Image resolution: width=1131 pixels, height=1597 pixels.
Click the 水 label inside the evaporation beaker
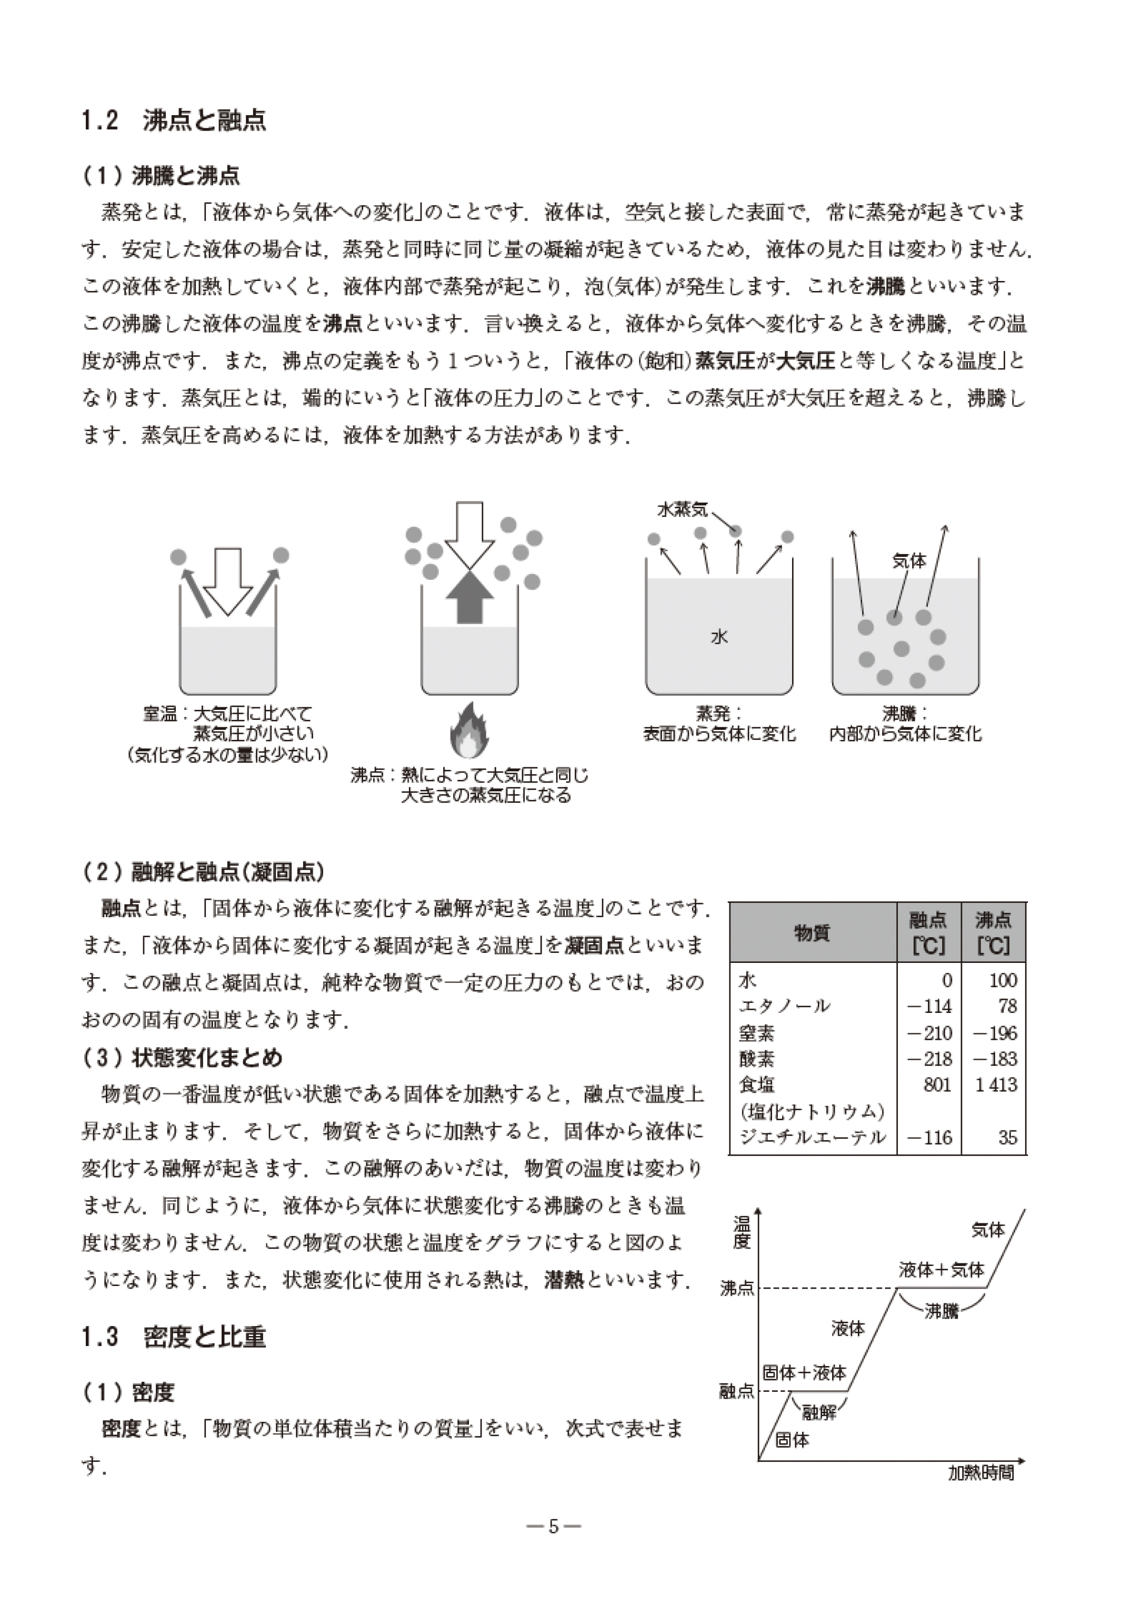[x=719, y=636]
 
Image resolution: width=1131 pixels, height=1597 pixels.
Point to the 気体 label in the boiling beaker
[x=909, y=561]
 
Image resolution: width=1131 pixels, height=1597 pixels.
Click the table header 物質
[x=812, y=933]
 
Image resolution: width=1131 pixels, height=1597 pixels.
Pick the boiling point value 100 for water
[x=1003, y=981]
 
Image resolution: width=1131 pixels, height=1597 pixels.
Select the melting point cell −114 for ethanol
[x=930, y=1007]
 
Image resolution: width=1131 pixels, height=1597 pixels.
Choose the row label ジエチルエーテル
[x=812, y=1138]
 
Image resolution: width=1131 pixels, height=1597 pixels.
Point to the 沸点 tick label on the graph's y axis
[x=737, y=1289]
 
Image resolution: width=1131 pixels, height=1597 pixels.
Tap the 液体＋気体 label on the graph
[x=941, y=1270]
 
